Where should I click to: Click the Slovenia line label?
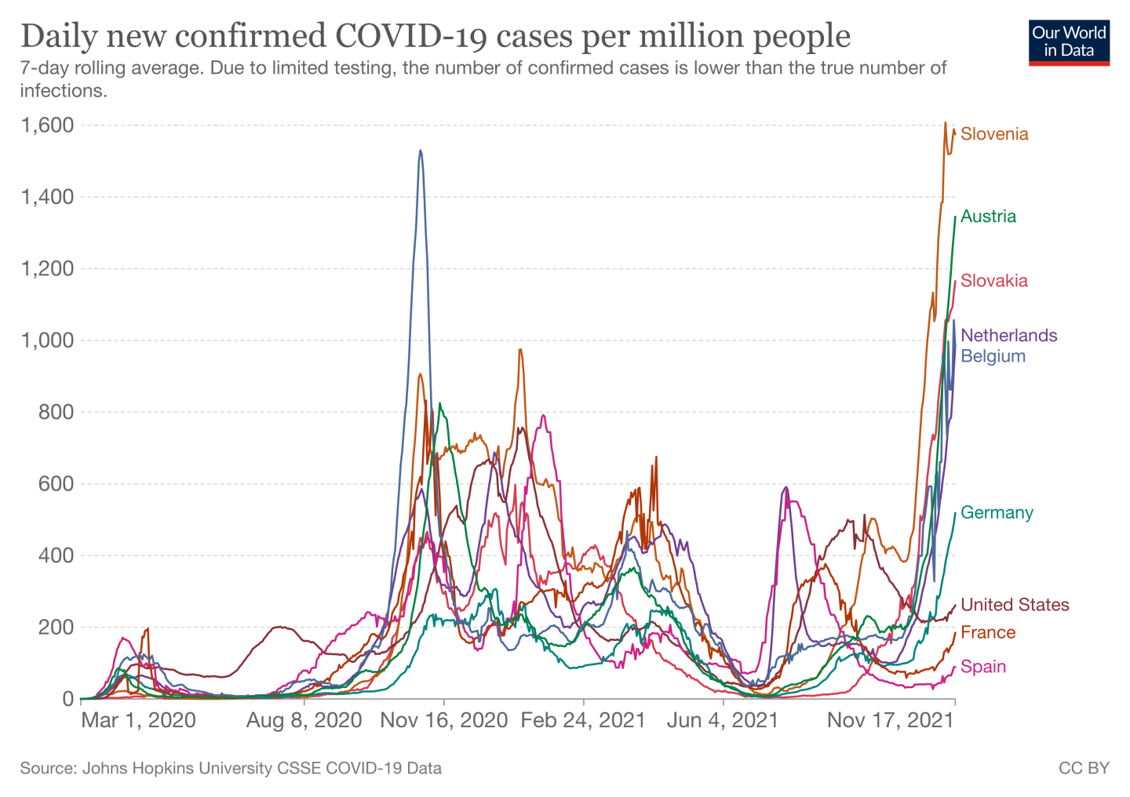993,134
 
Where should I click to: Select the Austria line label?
988,217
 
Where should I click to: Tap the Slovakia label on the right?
993,281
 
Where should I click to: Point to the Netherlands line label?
1008,336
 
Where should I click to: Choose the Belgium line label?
993,356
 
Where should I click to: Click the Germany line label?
997,513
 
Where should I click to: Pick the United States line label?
1015,605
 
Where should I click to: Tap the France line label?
988,632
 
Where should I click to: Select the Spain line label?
983,667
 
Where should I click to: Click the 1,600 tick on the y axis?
47,126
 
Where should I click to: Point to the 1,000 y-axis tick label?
47,340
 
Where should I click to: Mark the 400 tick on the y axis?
56,555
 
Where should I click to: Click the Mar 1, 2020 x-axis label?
138,720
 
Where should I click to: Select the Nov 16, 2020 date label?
444,720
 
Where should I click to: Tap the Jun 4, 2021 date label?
722,720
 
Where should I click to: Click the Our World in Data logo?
1069,42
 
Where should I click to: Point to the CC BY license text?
1084,768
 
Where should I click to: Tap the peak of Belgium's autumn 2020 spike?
421,151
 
